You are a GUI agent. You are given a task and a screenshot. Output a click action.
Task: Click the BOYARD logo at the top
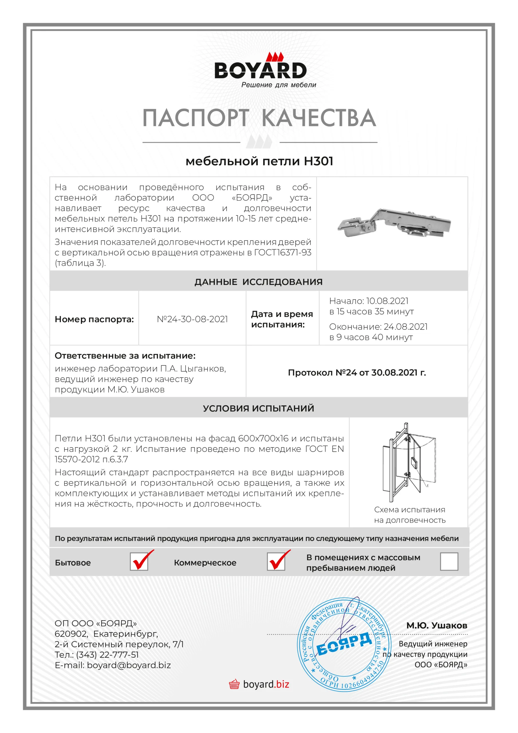260,69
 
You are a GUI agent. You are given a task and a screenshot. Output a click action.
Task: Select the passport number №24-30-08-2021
192,319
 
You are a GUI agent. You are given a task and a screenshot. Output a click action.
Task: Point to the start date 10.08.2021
387,301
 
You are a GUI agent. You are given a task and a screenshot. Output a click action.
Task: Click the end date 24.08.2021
405,327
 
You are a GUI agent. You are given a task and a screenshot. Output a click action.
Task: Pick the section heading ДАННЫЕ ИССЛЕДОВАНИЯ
258,282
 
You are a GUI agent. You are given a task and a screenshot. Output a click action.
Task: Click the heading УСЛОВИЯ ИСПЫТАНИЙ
258,408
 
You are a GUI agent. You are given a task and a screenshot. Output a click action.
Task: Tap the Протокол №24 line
357,373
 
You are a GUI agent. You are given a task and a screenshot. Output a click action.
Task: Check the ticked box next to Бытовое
139,561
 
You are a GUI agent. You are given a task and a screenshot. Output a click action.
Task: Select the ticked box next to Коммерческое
276,561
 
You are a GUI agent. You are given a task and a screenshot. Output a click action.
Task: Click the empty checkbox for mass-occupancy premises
449,561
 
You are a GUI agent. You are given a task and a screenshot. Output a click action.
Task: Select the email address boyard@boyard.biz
129,665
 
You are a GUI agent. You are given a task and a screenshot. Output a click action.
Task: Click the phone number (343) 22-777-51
107,655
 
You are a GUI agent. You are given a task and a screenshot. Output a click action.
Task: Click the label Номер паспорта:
94,319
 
